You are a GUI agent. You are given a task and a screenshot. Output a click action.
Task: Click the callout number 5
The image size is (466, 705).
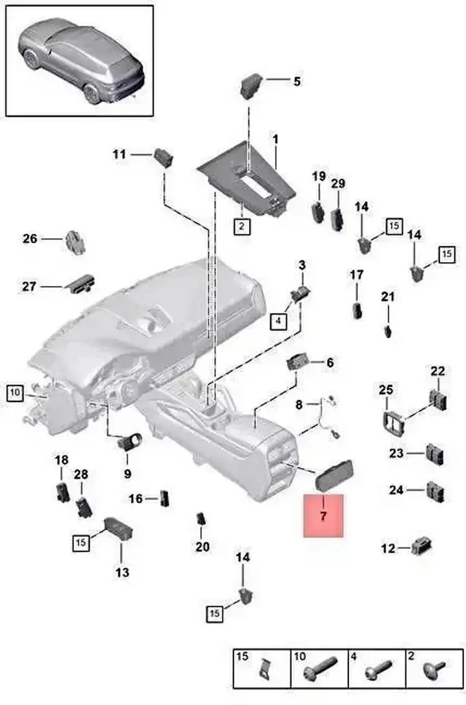coord(297,81)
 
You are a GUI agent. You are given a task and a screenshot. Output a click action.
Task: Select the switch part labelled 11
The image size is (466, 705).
coord(163,157)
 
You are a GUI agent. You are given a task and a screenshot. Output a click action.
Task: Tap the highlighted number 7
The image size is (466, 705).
coord(323,516)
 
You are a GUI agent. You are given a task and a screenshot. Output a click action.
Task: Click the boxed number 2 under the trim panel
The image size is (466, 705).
coord(242,226)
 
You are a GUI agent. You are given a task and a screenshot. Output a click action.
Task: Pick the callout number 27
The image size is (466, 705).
coord(29,286)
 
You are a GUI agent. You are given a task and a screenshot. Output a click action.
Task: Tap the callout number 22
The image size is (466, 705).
coord(437,371)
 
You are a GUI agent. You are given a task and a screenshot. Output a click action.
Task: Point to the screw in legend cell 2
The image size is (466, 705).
coord(434,669)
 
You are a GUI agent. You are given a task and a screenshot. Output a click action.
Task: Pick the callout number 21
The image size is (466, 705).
coord(388,297)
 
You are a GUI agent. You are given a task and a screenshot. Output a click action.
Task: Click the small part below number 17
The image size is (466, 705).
coord(358,310)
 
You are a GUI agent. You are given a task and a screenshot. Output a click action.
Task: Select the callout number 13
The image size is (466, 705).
coord(122,573)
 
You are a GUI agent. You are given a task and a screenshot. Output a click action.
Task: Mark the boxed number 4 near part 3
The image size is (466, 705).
coord(279,321)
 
